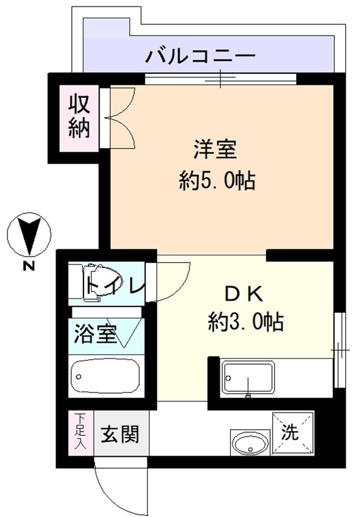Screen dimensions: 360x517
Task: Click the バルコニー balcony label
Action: pyautogui.click(x=201, y=57)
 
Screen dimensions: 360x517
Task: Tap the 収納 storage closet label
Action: pyautogui.click(x=79, y=117)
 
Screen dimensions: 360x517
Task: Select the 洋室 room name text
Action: pyautogui.click(x=215, y=149)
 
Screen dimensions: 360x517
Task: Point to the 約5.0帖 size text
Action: pyautogui.click(x=217, y=180)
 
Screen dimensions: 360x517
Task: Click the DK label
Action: pyautogui.click(x=244, y=295)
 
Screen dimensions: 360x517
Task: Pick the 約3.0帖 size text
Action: pyautogui.click(x=246, y=321)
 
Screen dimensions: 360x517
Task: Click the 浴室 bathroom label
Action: pyautogui.click(x=95, y=333)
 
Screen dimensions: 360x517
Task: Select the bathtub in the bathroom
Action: pyautogui.click(x=105, y=376)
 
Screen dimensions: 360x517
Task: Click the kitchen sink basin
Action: pyautogui.click(x=248, y=377)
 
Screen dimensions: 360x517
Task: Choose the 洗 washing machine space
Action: pyautogui.click(x=292, y=432)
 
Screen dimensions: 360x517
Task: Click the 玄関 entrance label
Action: pyautogui.click(x=120, y=434)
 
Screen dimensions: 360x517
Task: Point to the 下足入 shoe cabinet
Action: pyautogui.click(x=81, y=432)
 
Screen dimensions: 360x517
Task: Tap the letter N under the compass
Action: pyautogui.click(x=29, y=266)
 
